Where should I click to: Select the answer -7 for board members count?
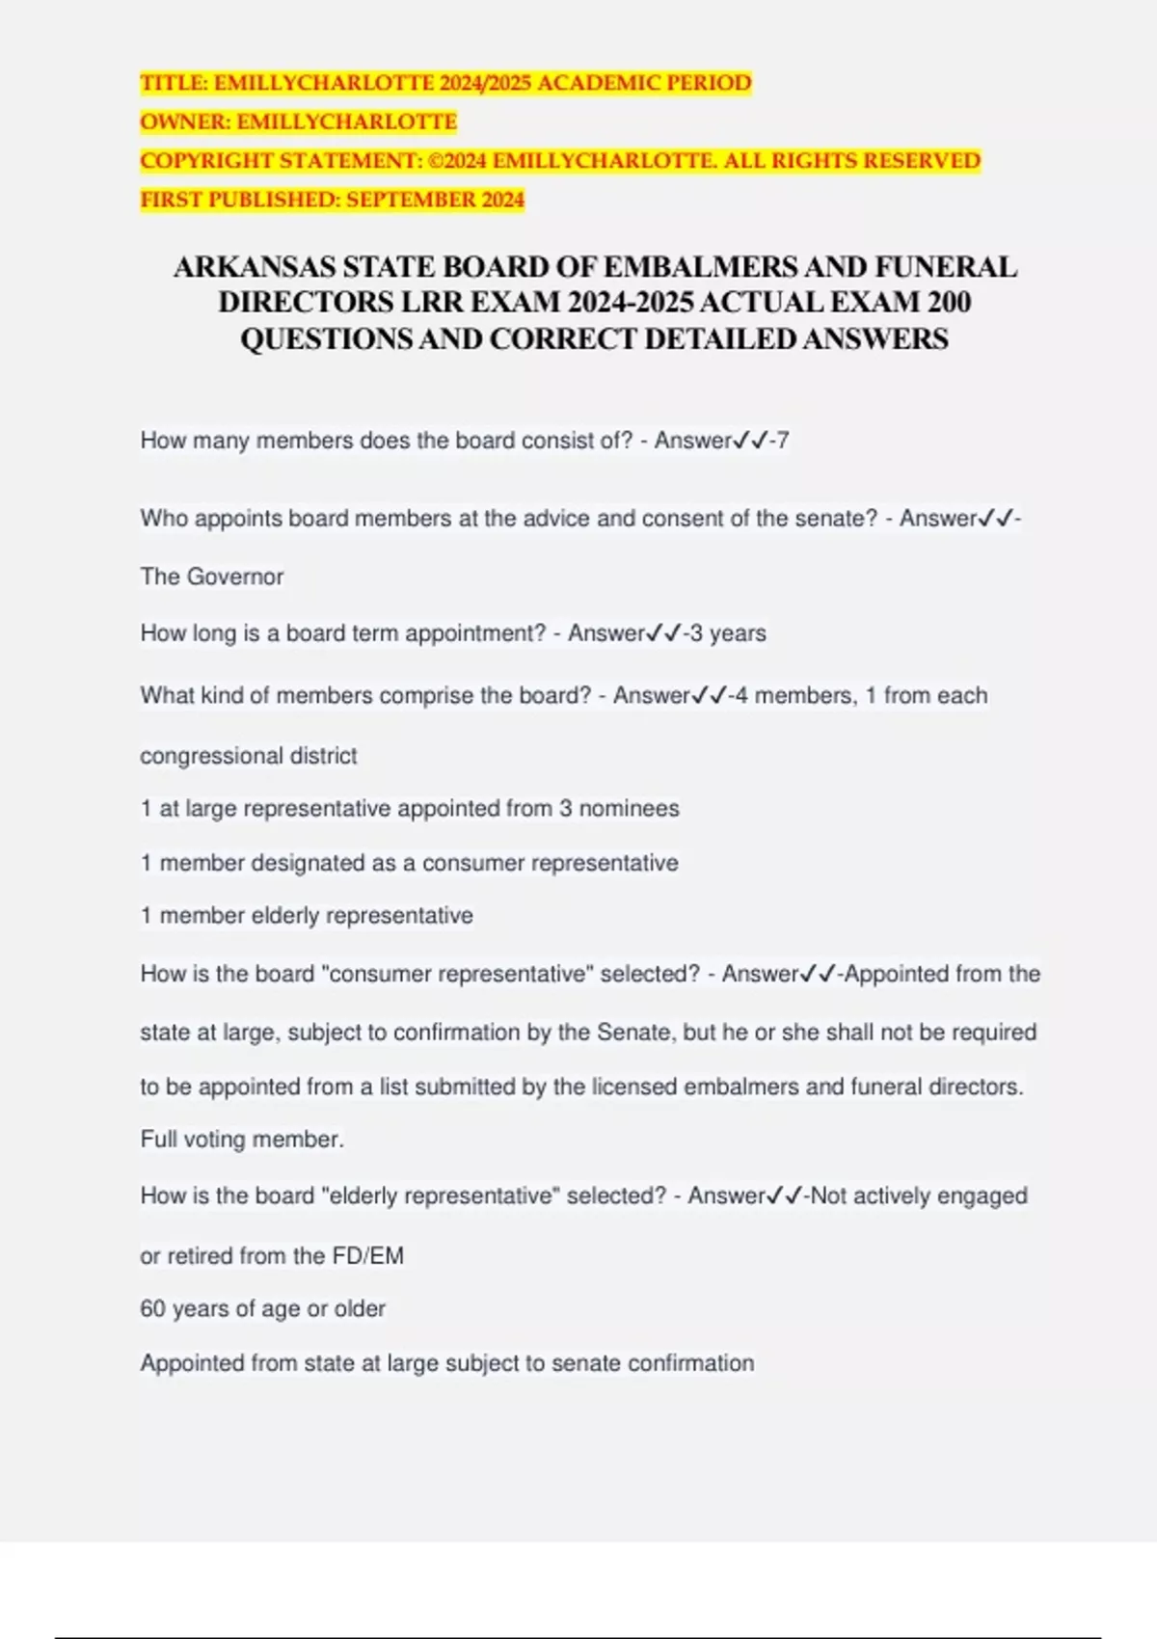[x=779, y=441]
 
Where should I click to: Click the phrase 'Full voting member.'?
[x=242, y=1140]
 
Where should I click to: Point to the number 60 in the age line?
[x=152, y=1309]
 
